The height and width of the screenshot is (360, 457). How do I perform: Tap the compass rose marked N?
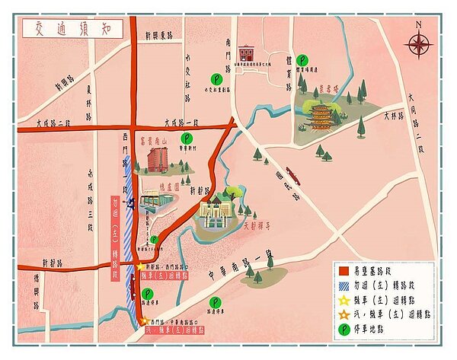pos(418,43)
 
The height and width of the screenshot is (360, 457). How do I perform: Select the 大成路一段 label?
pos(181,122)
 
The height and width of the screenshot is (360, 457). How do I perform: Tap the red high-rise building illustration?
pos(158,160)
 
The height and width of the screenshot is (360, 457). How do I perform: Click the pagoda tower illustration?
pos(323,116)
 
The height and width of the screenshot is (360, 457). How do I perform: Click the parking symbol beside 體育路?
pos(303,59)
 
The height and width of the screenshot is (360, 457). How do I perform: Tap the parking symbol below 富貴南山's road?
pos(187,138)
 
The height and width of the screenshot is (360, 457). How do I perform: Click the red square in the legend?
pos(344,268)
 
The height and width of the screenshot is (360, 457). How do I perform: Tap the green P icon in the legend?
pos(344,326)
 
